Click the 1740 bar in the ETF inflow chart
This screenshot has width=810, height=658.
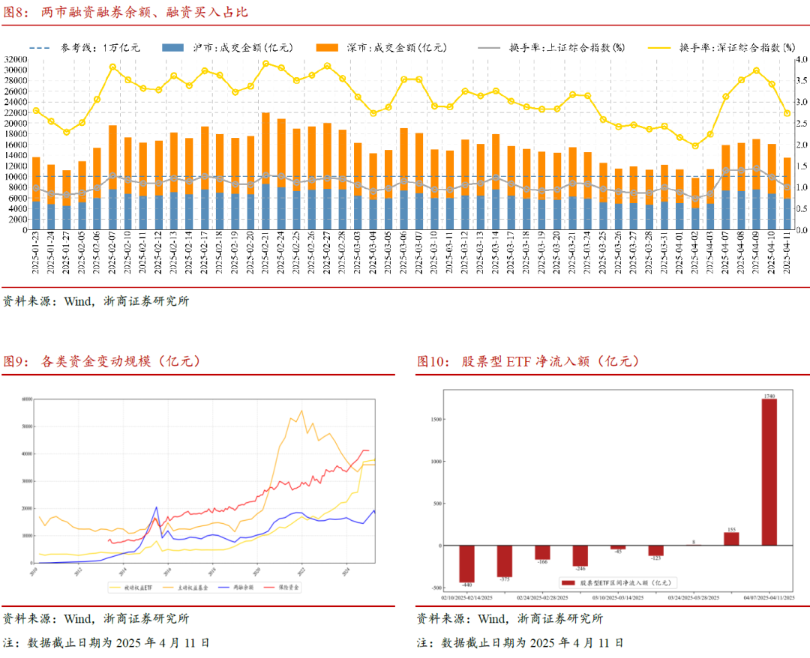coord(769,472)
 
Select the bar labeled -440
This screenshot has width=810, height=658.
coord(466,563)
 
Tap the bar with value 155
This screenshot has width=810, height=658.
coord(730,539)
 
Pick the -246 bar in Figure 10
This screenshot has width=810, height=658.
coord(580,555)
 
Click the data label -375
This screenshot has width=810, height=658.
coord(504,580)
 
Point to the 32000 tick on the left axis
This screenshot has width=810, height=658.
coord(15,59)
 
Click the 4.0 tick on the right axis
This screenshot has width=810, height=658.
coord(800,59)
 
